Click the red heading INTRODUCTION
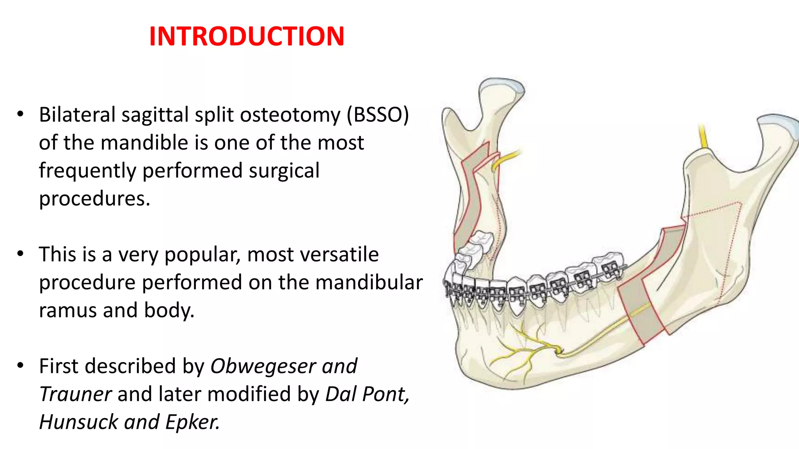pyautogui.click(x=247, y=36)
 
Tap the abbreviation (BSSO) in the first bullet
pyautogui.click(x=378, y=115)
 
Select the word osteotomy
pyautogui.click(x=290, y=115)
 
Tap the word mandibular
pyautogui.click(x=369, y=282)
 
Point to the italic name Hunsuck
pyautogui.click(x=78, y=422)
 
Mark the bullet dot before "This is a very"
pyautogui.click(x=20, y=254)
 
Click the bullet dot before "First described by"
pyautogui.click(x=20, y=366)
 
